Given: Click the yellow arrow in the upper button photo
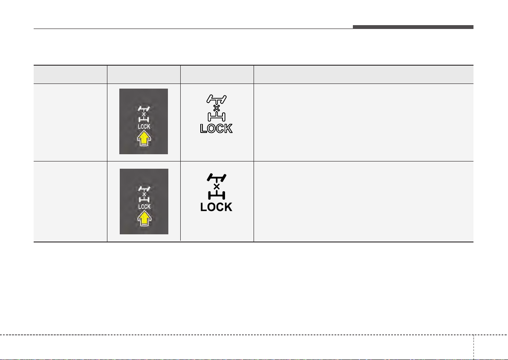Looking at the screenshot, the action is (x=144, y=140).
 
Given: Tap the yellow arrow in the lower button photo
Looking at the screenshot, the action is (x=144, y=219).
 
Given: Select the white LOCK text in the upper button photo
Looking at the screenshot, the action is (x=144, y=127).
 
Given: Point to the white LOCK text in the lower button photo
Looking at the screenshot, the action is (x=144, y=207).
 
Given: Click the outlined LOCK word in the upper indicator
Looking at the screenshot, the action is (x=216, y=129).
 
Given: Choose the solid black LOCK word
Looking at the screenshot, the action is (x=216, y=207).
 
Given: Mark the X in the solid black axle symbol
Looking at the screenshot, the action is (x=217, y=187).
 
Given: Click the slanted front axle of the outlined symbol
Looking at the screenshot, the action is (x=216, y=98).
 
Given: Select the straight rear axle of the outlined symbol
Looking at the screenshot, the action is (x=216, y=116).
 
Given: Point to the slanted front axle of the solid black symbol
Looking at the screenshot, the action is (x=216, y=177).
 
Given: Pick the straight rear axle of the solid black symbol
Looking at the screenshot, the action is (x=216, y=195).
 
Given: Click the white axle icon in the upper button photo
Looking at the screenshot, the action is (x=144, y=114).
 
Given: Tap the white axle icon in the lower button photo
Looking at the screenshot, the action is (x=144, y=194).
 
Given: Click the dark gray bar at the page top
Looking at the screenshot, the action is (x=413, y=27).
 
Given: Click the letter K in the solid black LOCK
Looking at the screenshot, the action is (x=228, y=207).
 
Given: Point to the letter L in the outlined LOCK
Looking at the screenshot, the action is (x=203, y=129).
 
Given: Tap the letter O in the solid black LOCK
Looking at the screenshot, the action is (x=211, y=207).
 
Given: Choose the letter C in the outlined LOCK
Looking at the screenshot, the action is (x=220, y=129).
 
